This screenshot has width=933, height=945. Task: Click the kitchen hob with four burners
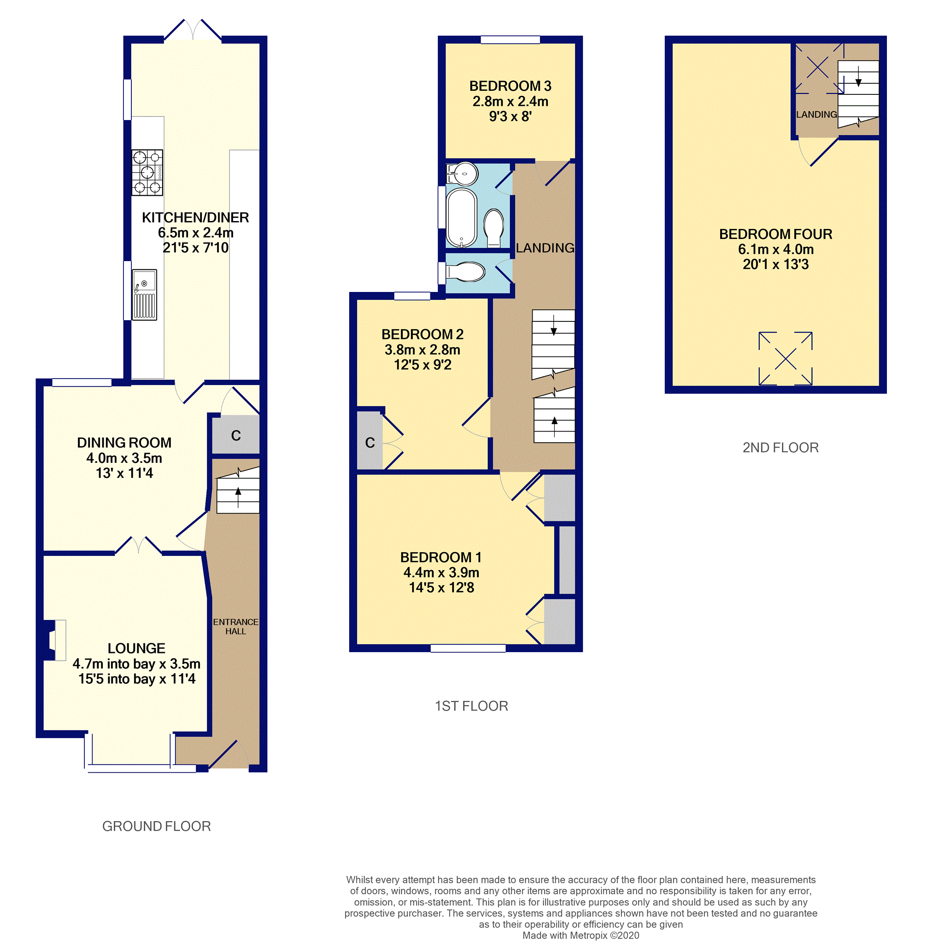(147, 172)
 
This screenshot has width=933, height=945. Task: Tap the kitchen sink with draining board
(144, 294)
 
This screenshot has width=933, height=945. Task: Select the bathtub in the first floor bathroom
(461, 218)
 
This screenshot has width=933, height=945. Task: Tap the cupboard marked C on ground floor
(235, 435)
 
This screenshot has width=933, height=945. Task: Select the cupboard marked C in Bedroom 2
(370, 442)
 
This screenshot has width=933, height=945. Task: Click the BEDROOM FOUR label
(775, 234)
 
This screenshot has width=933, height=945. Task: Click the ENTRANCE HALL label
(235, 626)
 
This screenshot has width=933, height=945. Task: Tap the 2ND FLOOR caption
(780, 447)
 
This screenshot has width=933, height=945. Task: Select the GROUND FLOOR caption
(156, 826)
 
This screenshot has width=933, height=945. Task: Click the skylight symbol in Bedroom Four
(785, 359)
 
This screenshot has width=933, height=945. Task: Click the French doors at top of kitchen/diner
(192, 30)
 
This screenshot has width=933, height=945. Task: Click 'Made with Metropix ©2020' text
(580, 935)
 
